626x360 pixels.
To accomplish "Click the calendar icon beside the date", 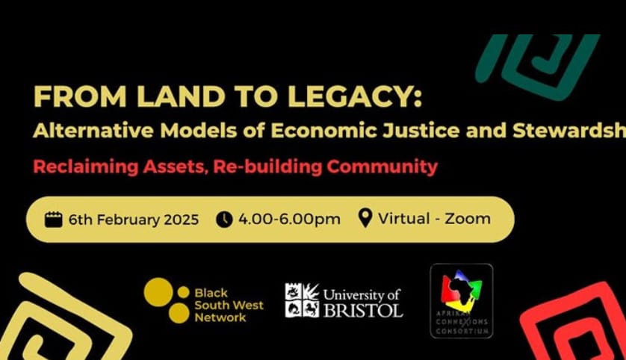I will coord(53,220).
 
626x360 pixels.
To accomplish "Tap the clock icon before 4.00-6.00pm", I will coord(224,220).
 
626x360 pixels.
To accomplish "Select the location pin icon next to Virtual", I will coord(365,219).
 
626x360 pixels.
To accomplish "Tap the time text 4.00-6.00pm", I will coord(289,220).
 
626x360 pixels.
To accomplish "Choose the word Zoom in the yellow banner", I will coord(468,219).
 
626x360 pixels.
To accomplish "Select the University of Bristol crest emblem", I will coord(302,300).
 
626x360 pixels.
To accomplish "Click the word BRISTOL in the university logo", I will coord(362,308).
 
